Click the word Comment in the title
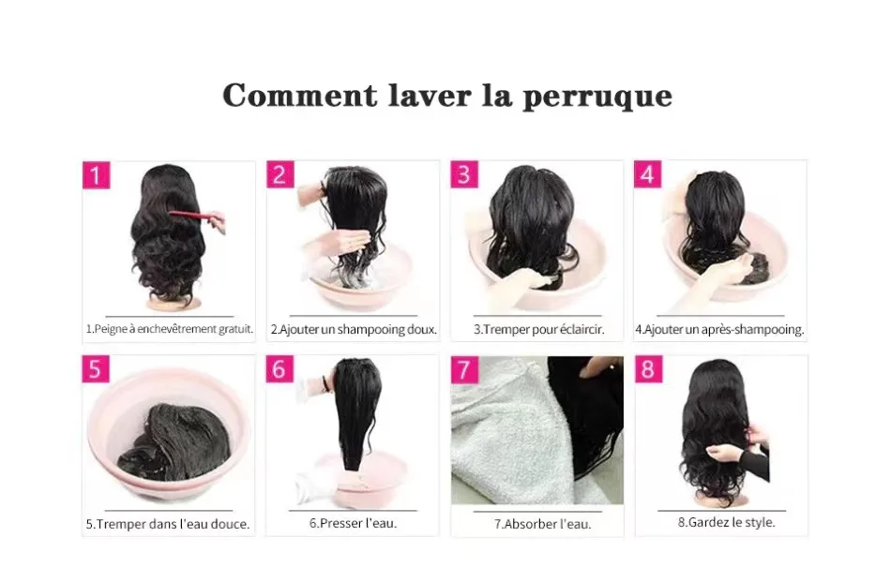click(290, 96)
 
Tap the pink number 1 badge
click(97, 175)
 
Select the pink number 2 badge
click(280, 175)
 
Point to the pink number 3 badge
click(464, 175)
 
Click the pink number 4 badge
click(648, 175)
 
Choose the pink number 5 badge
click(95, 368)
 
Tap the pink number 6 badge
click(279, 368)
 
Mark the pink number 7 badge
click(464, 368)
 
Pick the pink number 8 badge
click(648, 368)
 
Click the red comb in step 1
click(191, 218)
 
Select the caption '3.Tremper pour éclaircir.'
click(538, 330)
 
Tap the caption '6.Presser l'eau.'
click(353, 523)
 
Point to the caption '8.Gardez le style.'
click(727, 522)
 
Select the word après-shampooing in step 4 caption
click(755, 330)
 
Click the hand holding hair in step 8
click(727, 452)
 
